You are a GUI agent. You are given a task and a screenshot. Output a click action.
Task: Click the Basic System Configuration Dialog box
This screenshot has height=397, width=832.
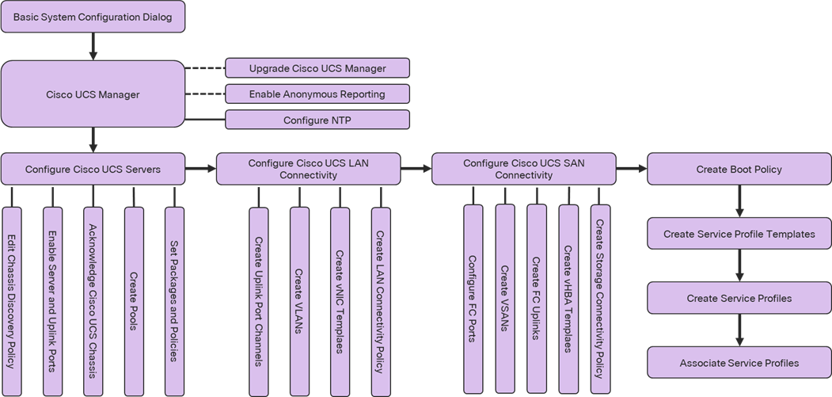[93, 17]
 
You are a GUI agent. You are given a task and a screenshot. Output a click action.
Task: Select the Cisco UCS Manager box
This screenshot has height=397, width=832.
[93, 95]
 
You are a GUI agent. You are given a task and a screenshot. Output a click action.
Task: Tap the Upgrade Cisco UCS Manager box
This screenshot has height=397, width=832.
[317, 68]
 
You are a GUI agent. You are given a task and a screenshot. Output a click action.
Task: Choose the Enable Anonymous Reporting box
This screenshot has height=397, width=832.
[317, 94]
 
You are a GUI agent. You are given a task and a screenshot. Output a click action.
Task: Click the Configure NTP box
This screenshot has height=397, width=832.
[317, 120]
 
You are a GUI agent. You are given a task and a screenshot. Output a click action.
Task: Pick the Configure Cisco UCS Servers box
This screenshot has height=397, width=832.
[93, 170]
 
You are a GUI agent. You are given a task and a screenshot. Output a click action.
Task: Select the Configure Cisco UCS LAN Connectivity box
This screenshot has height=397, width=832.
[308, 169]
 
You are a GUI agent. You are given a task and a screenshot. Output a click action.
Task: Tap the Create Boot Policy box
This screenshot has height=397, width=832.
[739, 170]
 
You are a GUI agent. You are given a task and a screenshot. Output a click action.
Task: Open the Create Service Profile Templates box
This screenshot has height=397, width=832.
[739, 235]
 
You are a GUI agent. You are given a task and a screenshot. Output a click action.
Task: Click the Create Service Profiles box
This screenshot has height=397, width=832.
[739, 299]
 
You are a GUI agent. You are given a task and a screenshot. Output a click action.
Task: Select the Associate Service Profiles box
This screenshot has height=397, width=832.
[739, 363]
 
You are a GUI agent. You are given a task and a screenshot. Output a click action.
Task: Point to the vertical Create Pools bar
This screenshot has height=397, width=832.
[134, 301]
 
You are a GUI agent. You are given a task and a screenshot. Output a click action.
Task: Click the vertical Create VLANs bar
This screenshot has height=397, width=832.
[299, 301]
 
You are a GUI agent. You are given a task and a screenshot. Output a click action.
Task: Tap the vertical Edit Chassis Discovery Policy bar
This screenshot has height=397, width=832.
[12, 301]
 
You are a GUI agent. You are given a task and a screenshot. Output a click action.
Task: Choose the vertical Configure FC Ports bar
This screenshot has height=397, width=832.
[473, 299]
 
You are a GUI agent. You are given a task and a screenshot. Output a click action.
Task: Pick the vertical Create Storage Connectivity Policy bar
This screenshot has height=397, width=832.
[600, 299]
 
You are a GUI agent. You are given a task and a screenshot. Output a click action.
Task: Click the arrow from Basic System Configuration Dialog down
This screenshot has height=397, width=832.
[93, 47]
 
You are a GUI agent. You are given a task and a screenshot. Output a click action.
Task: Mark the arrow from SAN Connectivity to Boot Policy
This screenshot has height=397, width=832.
[631, 169]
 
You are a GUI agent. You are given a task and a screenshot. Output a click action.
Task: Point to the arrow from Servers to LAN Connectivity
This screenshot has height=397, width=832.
[200, 169]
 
